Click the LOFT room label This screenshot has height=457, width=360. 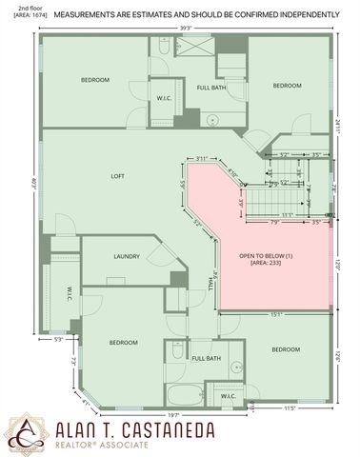coord(118,176)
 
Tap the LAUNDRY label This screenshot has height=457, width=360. coord(127,256)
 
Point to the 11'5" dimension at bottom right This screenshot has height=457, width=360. coord(291,408)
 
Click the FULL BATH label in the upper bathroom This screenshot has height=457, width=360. coord(210,88)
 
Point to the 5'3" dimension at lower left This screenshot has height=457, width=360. coord(58,338)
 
